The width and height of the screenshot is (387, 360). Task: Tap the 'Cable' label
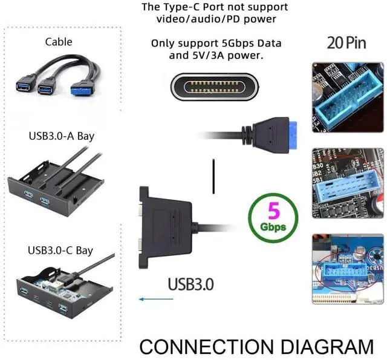59,42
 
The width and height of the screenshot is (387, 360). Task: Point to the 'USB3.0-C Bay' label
60,249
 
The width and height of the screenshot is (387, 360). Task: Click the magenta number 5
273,212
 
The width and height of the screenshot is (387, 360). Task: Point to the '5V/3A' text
209,55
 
